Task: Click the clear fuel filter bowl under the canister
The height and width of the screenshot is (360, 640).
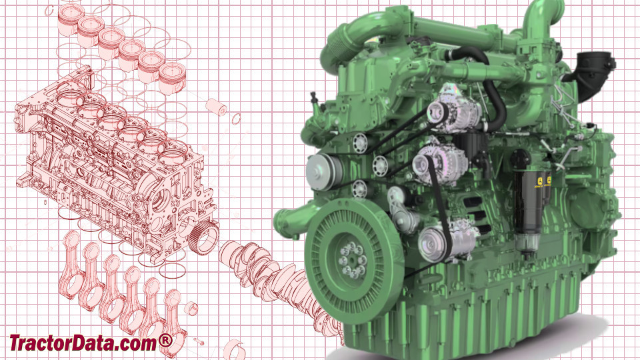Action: [x=527, y=247]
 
